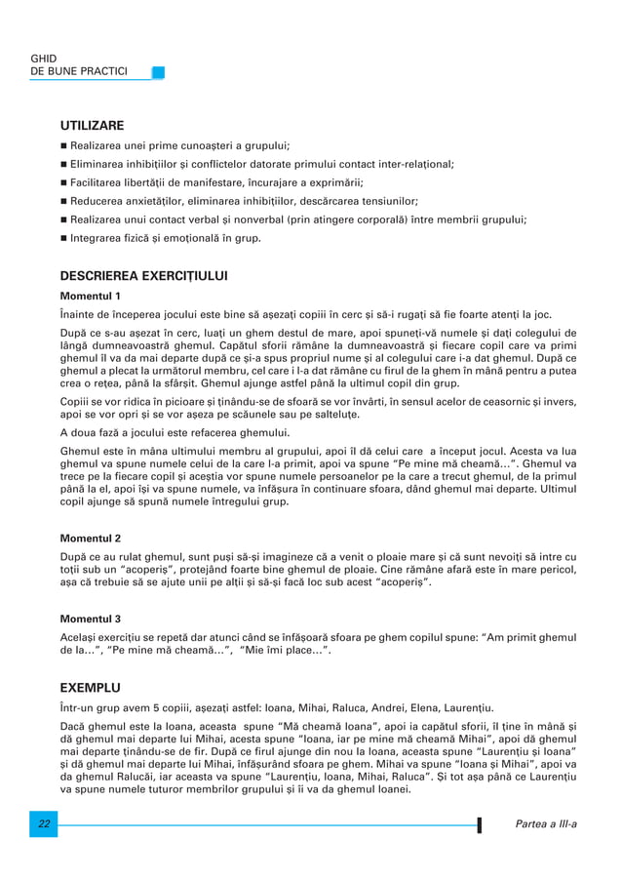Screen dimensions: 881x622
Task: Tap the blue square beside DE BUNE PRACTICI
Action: click(158, 72)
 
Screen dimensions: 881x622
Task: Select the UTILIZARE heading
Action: click(92, 126)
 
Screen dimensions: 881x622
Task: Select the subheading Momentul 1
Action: click(91, 296)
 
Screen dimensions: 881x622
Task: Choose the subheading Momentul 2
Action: click(91, 538)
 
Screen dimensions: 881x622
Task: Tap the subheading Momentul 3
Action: click(91, 619)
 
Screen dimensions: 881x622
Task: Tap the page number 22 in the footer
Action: click(44, 824)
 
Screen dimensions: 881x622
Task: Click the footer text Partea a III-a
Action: click(545, 824)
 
